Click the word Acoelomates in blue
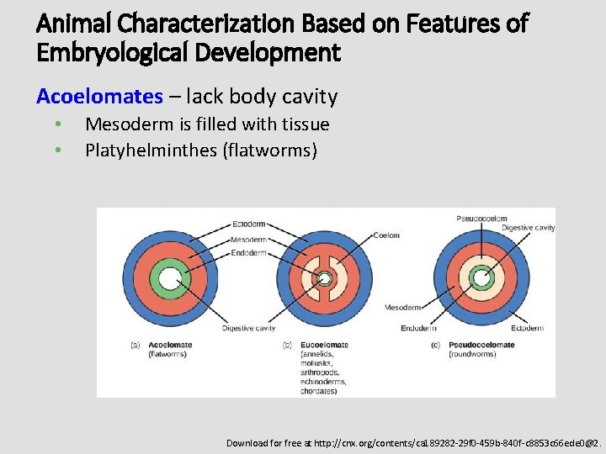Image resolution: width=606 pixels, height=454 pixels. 99,97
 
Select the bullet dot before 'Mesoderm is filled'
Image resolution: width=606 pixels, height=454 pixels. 57,124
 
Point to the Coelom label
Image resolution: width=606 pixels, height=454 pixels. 386,235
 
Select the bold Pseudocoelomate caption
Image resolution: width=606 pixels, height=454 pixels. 481,345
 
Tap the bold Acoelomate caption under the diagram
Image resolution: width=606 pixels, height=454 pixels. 170,345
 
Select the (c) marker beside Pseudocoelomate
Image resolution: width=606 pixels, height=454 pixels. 435,345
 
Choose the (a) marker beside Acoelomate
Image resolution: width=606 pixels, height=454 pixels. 135,345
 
